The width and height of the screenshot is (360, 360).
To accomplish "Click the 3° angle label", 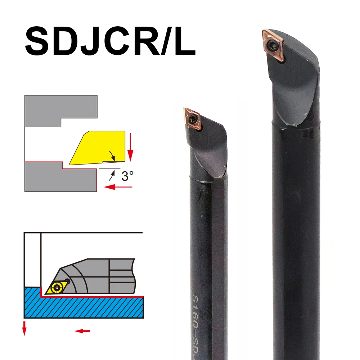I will pyautogui.click(x=127, y=176).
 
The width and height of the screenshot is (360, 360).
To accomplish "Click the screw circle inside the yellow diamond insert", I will pyautogui.click(x=56, y=287).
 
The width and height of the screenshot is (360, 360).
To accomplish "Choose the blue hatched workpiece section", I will pyautogui.click(x=83, y=306).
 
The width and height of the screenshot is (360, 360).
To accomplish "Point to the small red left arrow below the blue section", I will pyautogui.click(x=82, y=331).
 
